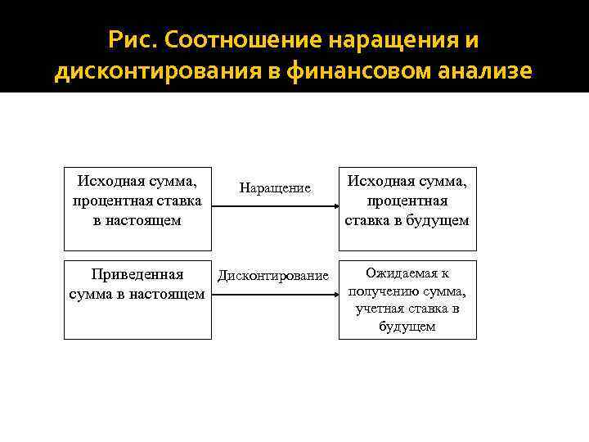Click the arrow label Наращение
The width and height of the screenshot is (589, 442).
pyautogui.click(x=275, y=188)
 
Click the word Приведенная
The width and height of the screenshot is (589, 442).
pyautogui.click(x=137, y=274)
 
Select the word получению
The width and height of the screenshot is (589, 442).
pyautogui.click(x=386, y=291)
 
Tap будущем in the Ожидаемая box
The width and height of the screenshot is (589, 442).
pyautogui.click(x=407, y=327)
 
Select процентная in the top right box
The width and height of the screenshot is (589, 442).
pyautogui.click(x=407, y=201)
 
